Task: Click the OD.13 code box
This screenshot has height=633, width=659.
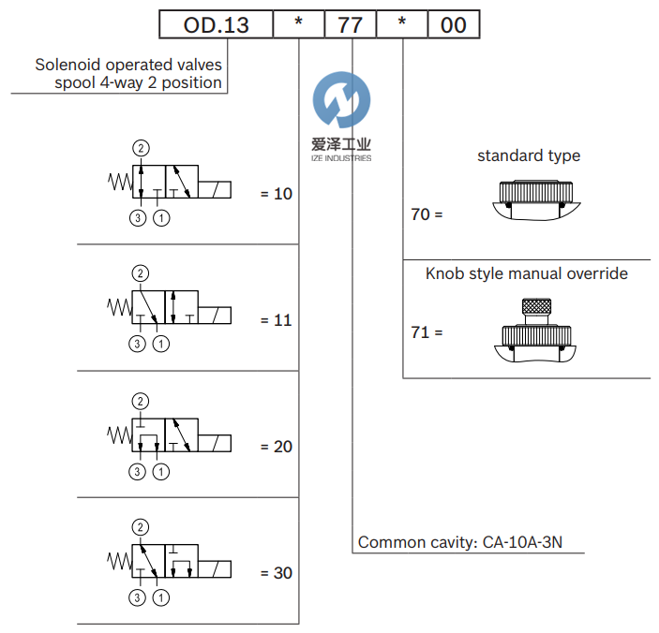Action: click(x=216, y=25)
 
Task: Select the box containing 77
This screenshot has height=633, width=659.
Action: click(x=350, y=25)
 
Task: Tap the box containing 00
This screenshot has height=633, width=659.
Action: click(x=454, y=25)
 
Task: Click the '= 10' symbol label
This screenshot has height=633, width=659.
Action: click(x=276, y=195)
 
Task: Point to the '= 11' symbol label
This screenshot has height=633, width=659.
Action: click(x=276, y=320)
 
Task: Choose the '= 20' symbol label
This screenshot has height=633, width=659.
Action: click(x=276, y=447)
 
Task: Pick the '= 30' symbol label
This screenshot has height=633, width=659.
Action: click(x=276, y=573)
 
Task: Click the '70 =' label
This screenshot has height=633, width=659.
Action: click(x=427, y=214)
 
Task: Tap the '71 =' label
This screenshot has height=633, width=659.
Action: click(x=427, y=331)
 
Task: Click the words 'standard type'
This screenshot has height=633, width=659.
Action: click(x=529, y=155)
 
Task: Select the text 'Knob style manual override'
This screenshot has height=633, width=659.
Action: click(x=527, y=273)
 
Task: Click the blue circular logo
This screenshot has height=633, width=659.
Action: click(x=340, y=101)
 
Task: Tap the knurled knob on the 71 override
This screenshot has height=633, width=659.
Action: click(x=532, y=308)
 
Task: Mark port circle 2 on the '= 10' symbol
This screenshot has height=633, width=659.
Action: click(x=141, y=148)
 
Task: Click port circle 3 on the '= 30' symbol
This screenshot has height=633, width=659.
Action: click(x=138, y=597)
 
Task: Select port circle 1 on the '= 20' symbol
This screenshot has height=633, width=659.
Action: click(x=161, y=471)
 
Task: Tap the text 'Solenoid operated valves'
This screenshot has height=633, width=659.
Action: click(x=128, y=66)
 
